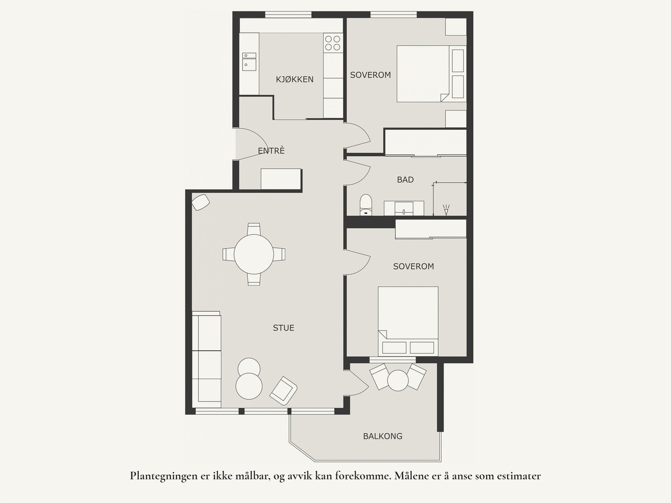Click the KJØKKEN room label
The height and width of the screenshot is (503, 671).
coord(295,79)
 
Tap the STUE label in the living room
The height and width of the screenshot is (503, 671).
coord(283,328)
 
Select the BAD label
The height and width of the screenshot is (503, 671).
coord(406,180)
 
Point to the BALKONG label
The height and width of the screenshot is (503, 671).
coord(383,436)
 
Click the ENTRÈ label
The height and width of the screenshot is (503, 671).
coord(271,151)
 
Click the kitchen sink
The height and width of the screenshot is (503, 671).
coord(249,61)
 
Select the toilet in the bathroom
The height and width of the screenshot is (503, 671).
coord(366,205)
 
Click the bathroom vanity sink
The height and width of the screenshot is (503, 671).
coord(404,208)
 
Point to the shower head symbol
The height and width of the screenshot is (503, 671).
coord(446,210)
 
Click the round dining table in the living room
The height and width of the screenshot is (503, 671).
coord(254,254)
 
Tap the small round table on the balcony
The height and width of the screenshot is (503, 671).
coord(398,380)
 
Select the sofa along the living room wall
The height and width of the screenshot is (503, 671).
coord(207,359)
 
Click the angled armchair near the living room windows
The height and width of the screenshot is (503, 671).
coord(283,391)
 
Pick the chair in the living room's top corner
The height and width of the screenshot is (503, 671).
coord(200,202)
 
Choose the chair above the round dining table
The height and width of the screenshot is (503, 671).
coord(254,228)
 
